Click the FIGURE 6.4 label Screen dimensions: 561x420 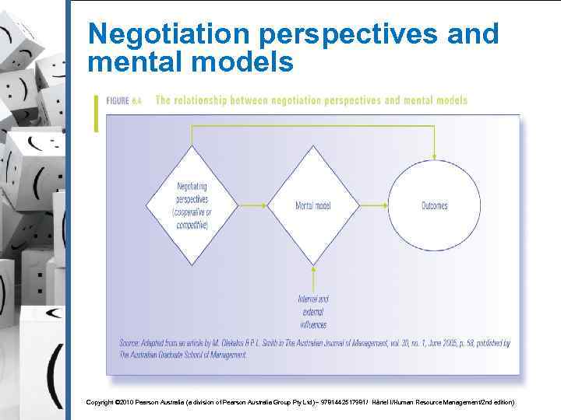tap(125, 101)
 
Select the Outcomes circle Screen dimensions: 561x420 tap(434, 205)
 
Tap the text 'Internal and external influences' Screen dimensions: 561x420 tap(312, 311)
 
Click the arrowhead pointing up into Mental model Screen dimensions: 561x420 tap(312, 269)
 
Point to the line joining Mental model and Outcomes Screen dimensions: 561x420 tap(373, 205)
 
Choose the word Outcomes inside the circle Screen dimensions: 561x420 tap(434, 205)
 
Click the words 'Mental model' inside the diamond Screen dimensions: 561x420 tap(312, 205)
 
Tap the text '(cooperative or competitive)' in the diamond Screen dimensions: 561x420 tap(192, 219)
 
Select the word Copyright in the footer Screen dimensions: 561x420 tap(101, 402)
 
